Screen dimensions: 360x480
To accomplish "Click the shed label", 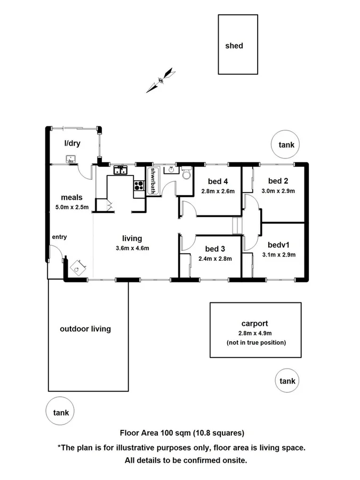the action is [234, 46].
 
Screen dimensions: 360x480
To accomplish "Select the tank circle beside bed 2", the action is [286, 144].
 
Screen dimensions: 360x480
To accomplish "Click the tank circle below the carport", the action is [287, 381].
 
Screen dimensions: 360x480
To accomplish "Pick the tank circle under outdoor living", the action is [61, 412].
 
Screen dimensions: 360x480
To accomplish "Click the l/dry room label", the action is [72, 143].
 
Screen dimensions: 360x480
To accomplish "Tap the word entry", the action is [59, 237].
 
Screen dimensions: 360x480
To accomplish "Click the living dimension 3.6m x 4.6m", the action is [132, 248].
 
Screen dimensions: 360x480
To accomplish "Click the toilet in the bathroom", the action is [186, 174].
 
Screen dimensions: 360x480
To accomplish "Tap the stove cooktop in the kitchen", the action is [139, 186].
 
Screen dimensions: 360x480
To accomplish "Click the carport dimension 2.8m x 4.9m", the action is [254, 333].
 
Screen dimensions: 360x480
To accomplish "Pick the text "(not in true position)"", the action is [256, 342].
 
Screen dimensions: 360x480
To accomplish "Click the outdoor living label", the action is [85, 329].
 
